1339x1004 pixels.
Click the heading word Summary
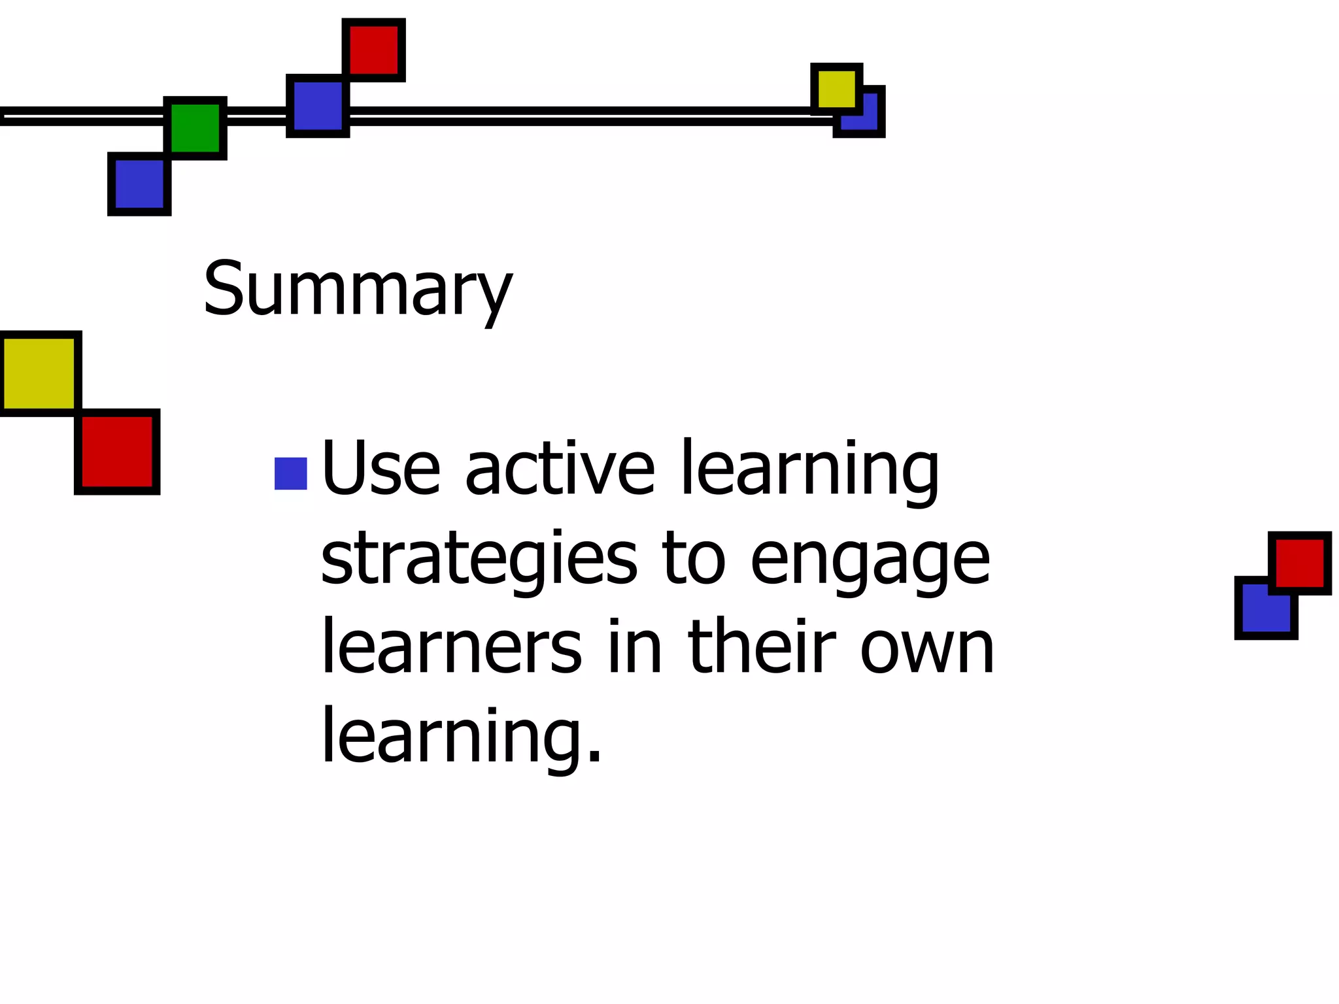tap(357, 289)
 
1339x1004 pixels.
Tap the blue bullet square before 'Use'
tap(291, 473)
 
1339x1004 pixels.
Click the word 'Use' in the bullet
tap(381, 468)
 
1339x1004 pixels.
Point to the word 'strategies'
tap(479, 560)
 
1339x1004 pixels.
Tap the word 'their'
tap(762, 647)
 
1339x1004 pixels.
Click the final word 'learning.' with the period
tap(460, 737)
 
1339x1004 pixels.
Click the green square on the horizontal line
tap(195, 128)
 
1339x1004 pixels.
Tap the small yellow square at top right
tap(836, 88)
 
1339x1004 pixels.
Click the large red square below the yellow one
tap(118, 452)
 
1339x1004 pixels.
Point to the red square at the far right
tap(1300, 562)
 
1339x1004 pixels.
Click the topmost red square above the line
tap(373, 50)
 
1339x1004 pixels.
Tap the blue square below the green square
tap(139, 184)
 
